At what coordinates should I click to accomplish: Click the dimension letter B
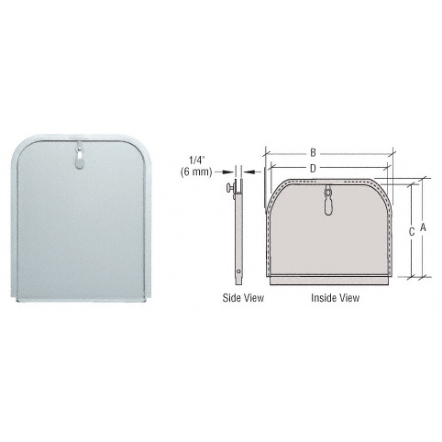click(313, 152)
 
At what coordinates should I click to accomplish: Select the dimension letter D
click(313, 168)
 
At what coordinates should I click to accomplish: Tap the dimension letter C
click(412, 232)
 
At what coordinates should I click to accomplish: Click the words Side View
click(240, 298)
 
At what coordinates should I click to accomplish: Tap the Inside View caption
click(335, 298)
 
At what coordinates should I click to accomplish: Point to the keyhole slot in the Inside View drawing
click(328, 202)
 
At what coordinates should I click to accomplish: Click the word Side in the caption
click(230, 298)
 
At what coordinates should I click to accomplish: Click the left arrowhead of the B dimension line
click(268, 152)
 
